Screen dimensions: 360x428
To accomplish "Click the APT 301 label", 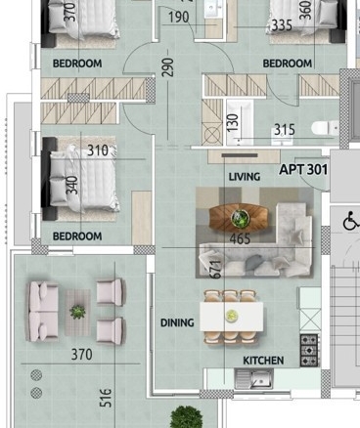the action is tap(303, 170).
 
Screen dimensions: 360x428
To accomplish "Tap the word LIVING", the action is tap(245, 177).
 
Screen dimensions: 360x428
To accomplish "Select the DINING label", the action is tap(177, 322).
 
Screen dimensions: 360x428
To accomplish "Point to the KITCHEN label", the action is tap(263, 361).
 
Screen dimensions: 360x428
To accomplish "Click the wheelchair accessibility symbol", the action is tap(350, 221).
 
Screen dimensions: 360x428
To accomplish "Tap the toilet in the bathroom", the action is tap(325, 127).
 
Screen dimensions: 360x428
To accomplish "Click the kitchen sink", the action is tap(253, 379).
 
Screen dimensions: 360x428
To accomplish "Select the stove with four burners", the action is tap(309, 351).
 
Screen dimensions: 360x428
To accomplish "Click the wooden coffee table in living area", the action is tap(239, 217).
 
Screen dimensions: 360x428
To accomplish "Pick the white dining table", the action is tap(232, 316).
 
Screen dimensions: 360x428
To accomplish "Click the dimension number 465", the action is tap(240, 239).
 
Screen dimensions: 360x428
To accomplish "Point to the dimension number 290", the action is tap(168, 67).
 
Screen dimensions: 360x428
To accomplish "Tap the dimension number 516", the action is tap(106, 398).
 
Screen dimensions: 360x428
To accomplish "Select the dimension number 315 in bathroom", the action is tap(285, 129).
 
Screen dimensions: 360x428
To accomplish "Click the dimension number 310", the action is tap(98, 150).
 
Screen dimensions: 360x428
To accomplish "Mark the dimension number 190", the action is tap(179, 18).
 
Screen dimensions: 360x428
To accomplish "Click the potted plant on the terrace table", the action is tap(78, 312).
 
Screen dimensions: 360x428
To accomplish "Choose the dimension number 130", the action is tap(233, 122).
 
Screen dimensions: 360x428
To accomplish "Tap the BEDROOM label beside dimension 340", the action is tap(77, 236).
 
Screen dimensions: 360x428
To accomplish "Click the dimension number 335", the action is tap(283, 25).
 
